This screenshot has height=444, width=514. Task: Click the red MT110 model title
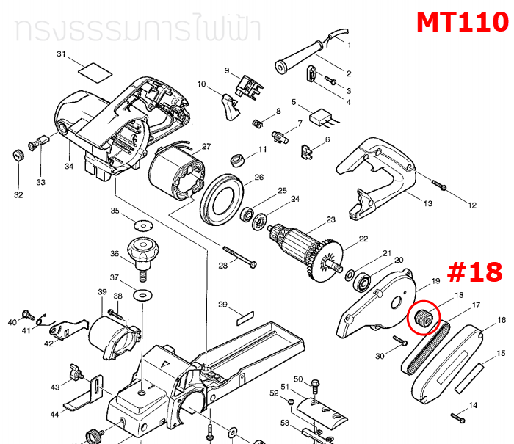pos(462,21)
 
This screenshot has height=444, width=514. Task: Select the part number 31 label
pos(62,55)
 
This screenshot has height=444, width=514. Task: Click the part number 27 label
pos(206,146)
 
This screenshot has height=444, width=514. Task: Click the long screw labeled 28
pos(235,256)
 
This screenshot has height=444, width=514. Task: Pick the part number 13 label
pos(428,203)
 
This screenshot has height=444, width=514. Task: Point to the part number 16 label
pos(502,321)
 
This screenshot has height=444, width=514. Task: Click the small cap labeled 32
pos(14,155)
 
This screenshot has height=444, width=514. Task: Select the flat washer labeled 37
pos(140,294)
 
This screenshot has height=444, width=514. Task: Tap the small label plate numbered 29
pos(244,320)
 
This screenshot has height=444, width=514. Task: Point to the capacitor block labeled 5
pos(321,117)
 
